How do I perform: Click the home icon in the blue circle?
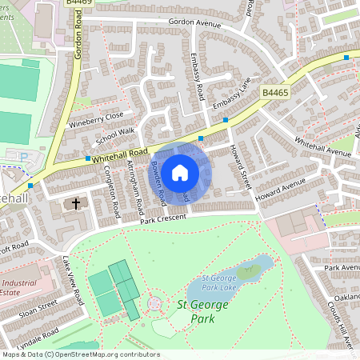[180, 171]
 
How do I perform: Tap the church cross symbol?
[77, 204]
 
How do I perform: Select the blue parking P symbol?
[23, 158]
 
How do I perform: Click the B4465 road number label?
[274, 94]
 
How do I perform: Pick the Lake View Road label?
[74, 279]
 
